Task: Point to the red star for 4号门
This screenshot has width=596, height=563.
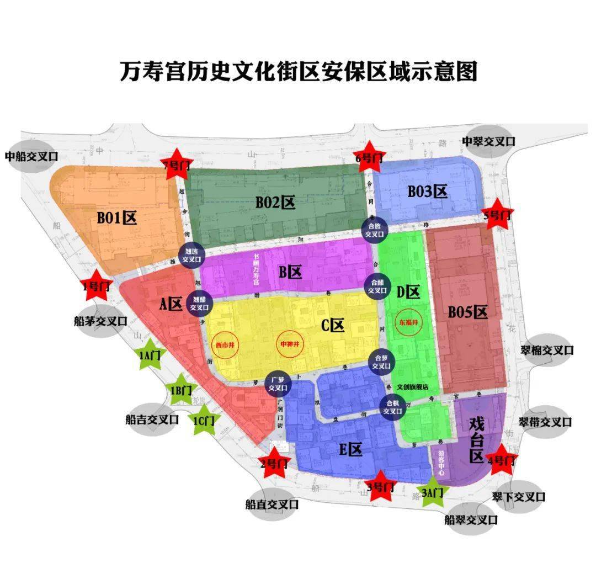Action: [x=502, y=459]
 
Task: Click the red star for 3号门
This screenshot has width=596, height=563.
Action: [x=380, y=486]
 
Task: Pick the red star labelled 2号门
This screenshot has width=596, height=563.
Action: [x=274, y=463]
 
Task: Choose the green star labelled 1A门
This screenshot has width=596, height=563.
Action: [x=148, y=356]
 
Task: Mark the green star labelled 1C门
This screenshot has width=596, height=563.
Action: [x=204, y=420]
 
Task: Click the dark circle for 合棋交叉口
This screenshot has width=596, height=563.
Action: [x=392, y=407]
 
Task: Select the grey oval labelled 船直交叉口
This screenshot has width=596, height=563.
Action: [x=272, y=504]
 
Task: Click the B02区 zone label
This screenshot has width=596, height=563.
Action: [x=275, y=203]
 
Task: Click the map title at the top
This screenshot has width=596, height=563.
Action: [x=299, y=71]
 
